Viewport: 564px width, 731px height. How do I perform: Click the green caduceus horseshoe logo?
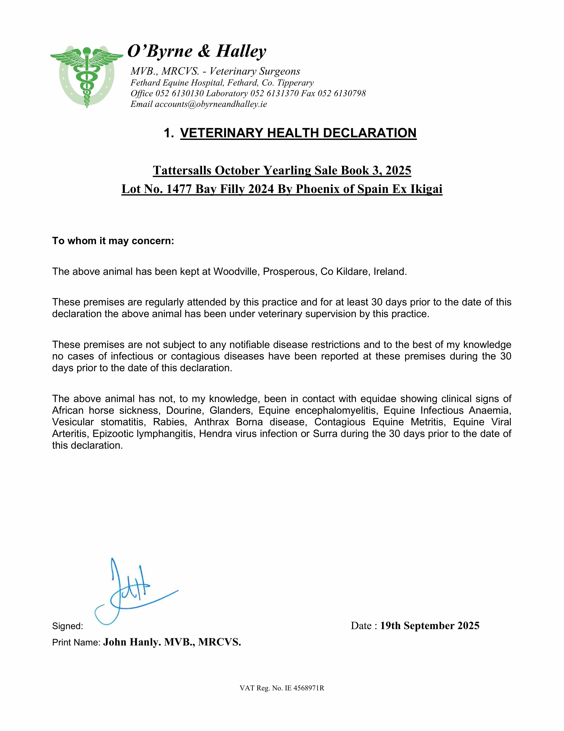[x=87, y=76]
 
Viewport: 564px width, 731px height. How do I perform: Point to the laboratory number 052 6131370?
[x=274, y=93]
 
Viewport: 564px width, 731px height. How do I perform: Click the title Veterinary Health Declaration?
[x=298, y=133]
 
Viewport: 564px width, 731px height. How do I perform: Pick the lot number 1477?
[x=179, y=189]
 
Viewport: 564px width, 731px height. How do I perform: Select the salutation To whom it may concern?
[x=113, y=241]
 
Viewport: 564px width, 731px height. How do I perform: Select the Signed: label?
[x=68, y=626]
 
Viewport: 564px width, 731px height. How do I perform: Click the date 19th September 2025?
[x=430, y=626]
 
